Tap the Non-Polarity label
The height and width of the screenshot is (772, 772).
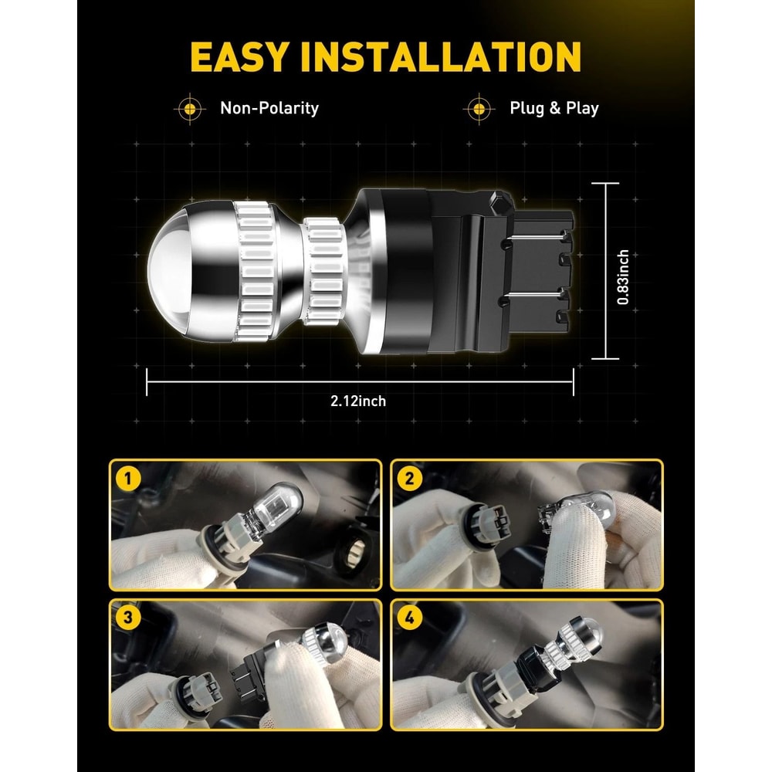[x=269, y=108]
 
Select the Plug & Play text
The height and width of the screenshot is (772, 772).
[x=554, y=108]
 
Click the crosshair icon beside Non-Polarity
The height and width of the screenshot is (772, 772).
[x=190, y=108]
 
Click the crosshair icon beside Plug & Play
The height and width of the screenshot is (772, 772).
[x=479, y=108]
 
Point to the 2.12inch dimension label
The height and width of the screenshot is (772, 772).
[x=358, y=401]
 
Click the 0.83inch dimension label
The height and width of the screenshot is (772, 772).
[x=623, y=277]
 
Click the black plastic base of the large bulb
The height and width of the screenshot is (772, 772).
[x=472, y=271]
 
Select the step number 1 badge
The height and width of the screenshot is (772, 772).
[x=128, y=479]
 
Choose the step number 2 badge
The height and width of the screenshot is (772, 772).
[x=410, y=479]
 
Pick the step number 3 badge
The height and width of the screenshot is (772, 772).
[x=128, y=618]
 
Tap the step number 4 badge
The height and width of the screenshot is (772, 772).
[x=410, y=618]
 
